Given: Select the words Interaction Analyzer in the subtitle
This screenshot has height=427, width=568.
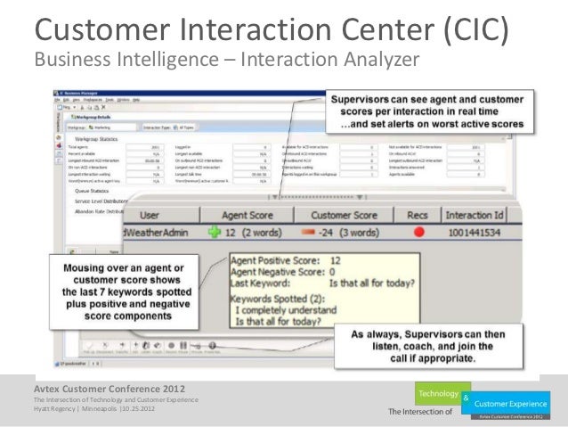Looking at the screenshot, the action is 336,60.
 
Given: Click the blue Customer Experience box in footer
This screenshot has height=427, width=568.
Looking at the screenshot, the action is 517,403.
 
